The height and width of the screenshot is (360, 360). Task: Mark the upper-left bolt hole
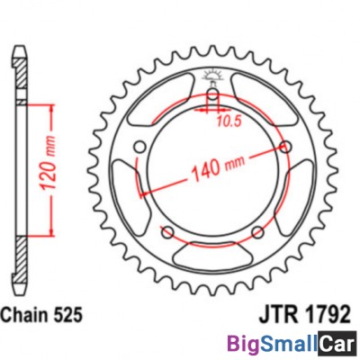coord(140,146)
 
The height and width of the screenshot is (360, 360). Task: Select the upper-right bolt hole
coord(285,146)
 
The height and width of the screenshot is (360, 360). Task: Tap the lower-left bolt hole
coord(167,233)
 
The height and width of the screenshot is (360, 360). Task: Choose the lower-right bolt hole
coord(258,233)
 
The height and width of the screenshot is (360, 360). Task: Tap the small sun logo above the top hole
coord(212,75)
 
